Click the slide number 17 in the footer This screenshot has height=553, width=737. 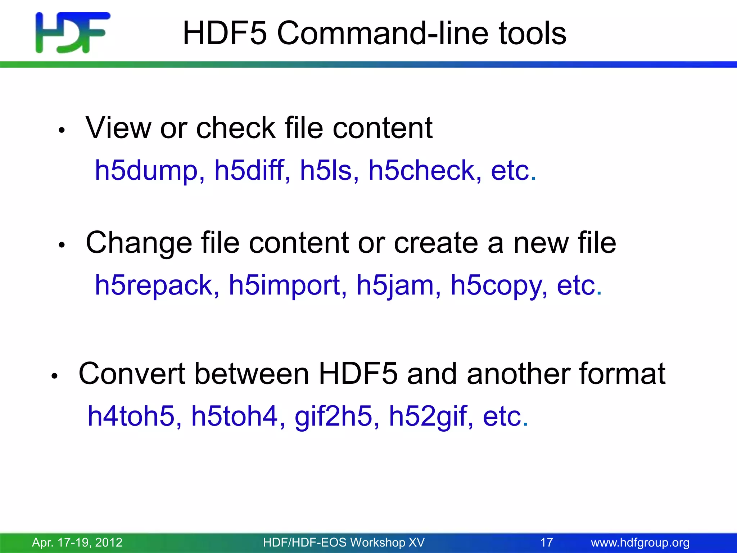click(x=547, y=542)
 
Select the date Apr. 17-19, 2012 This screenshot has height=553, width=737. click(x=77, y=542)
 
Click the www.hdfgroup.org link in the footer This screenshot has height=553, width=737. click(x=640, y=542)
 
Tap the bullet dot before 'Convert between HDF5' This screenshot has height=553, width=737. click(x=54, y=376)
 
